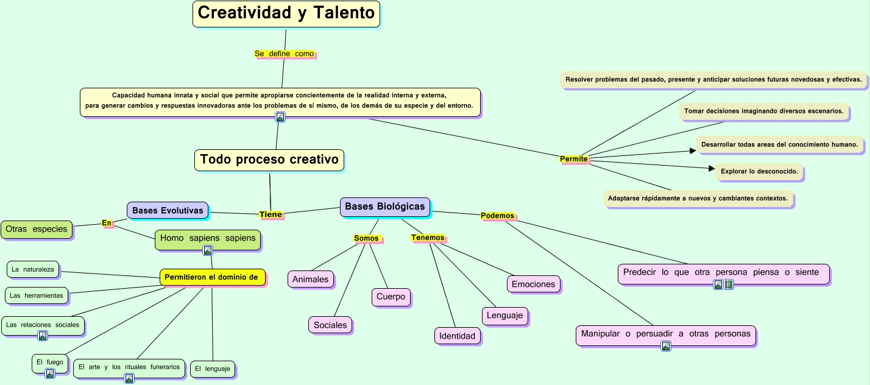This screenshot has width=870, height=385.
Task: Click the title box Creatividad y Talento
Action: coord(286,13)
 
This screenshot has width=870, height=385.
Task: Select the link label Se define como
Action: coord(284,54)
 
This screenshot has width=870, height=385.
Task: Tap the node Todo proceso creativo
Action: coord(269,160)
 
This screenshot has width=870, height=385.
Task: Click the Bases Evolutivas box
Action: coord(168,210)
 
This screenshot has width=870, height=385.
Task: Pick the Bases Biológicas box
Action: coord(384,207)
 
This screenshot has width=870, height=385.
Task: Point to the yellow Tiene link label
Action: coord(271,214)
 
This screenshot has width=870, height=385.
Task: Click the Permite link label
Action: coord(574,159)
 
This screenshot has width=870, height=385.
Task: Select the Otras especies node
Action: coord(36,230)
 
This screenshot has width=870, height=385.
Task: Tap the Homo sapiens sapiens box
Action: coord(208,238)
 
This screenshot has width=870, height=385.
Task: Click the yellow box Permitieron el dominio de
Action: coord(212,277)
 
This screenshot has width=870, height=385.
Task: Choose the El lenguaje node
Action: coord(212,369)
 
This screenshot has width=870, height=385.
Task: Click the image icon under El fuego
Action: coord(50,373)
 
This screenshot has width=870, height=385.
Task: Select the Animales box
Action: coord(310,279)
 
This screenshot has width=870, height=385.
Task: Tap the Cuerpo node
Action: coord(391,297)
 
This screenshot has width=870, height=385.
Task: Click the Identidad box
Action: coord(457,336)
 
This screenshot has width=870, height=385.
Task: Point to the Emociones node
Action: coord(533,284)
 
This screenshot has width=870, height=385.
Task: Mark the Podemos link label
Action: coord(497,216)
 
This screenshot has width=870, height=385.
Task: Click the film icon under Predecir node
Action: coord(729,284)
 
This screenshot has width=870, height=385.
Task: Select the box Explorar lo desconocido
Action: coord(759,172)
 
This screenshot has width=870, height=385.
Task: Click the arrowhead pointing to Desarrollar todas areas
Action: coord(693,150)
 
